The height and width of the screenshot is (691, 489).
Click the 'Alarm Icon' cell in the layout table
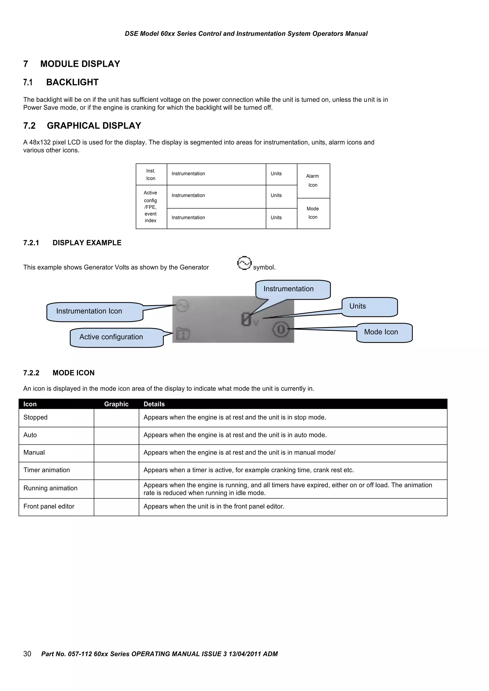pyautogui.click(x=313, y=180)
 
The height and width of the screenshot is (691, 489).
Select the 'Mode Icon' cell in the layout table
pyautogui.click(x=313, y=213)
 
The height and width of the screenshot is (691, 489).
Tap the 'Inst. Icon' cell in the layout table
pyautogui.click(x=151, y=175)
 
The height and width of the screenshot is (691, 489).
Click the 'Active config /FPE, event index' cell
pyautogui.click(x=151, y=207)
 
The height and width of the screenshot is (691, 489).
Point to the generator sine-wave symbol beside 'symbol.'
pyautogui.click(x=244, y=263)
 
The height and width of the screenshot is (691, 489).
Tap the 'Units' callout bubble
pyautogui.click(x=370, y=307)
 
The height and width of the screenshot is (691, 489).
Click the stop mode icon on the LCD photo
pyautogui.click(x=281, y=330)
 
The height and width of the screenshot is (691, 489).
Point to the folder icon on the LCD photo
pyautogui.click(x=183, y=334)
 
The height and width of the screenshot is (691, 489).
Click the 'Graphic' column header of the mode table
pyautogui.click(x=116, y=404)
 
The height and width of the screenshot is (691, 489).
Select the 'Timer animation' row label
pyautogui.click(x=47, y=470)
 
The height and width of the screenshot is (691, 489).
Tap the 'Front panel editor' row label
pyautogui.click(x=49, y=506)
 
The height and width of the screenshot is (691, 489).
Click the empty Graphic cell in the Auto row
pyautogui.click(x=116, y=435)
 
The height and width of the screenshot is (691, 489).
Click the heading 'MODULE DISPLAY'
pyautogui.click(x=80, y=64)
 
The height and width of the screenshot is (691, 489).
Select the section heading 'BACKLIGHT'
pyautogui.click(x=72, y=82)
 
